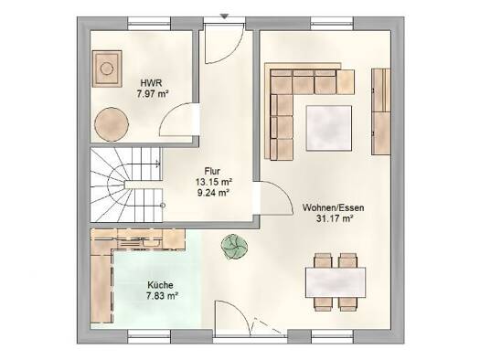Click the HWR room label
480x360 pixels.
pos(151,83)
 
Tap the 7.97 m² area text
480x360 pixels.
pos(153,93)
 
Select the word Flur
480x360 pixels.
pos(212,171)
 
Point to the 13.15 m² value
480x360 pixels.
pos(213,182)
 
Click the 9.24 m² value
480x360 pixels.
pos(214,193)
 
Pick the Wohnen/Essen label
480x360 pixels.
pos(334,207)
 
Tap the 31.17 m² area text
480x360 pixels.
pos(335,218)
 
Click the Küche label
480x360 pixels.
pos(160,285)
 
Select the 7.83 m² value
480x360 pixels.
pos(162,296)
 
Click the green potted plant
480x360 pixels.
pos(235,247)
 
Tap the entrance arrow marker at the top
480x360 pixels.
pos(225,16)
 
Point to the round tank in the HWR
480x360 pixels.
pos(112,124)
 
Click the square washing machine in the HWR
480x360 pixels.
pos(107,69)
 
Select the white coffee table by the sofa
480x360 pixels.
pos(329,128)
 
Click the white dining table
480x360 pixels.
pos(336,282)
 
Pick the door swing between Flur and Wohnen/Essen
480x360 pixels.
pos(276,198)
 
